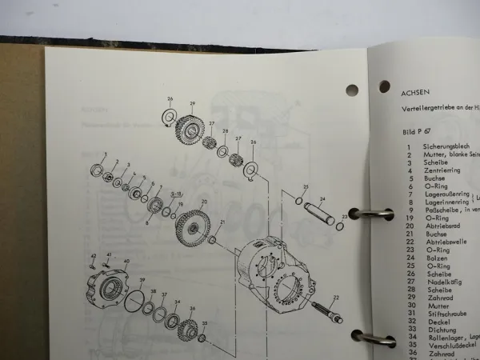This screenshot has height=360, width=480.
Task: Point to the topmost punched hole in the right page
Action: (384, 86)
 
